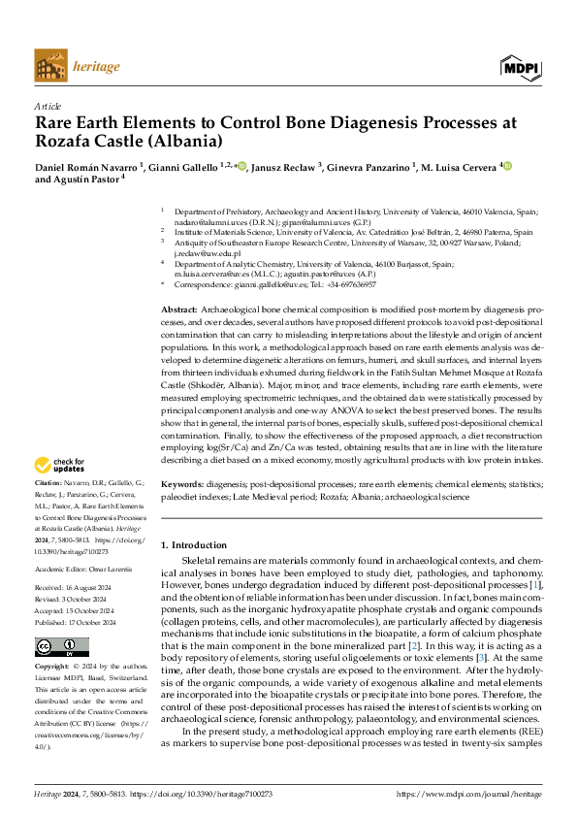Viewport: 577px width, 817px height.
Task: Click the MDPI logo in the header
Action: point(521,68)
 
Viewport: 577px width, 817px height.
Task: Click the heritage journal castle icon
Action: point(49,67)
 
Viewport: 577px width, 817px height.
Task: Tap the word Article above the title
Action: point(48,105)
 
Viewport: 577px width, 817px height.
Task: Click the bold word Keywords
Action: point(182,482)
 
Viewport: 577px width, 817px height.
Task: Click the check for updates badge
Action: point(63,465)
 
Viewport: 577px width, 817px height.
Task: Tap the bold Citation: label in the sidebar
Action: point(49,482)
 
